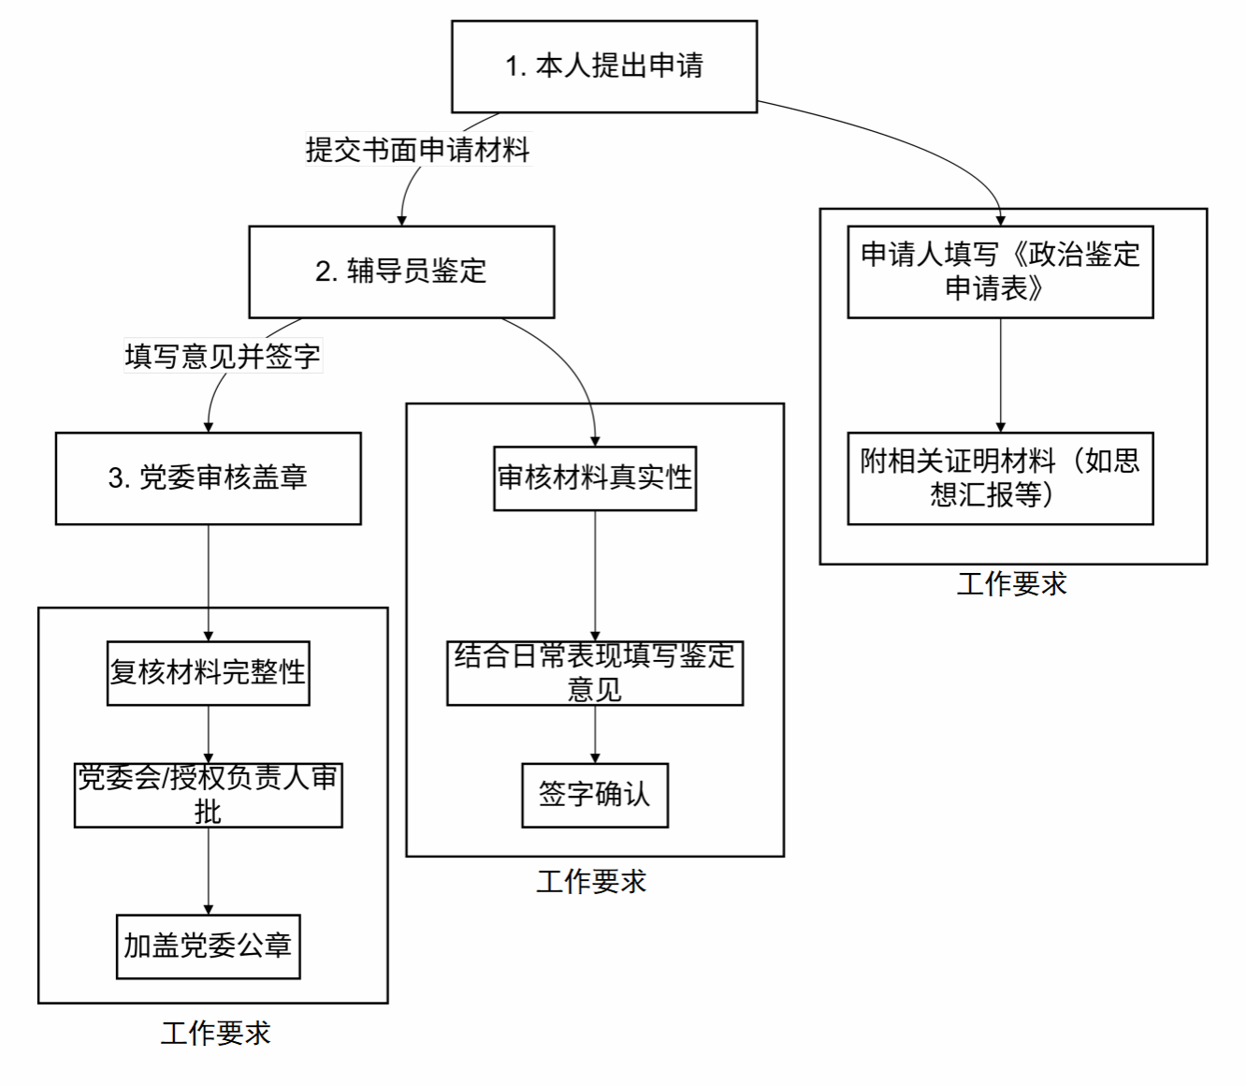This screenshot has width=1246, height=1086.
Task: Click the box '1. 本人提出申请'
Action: click(x=603, y=66)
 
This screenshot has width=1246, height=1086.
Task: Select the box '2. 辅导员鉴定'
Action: click(x=401, y=271)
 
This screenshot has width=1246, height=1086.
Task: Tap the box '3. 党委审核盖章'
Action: click(x=208, y=478)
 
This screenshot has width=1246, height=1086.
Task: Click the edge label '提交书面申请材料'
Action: click(x=417, y=150)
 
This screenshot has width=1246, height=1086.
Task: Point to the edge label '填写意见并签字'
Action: click(x=223, y=356)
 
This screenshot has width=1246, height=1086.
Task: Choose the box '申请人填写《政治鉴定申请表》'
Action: click(x=1000, y=271)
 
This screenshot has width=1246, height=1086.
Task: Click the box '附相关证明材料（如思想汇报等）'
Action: click(x=1000, y=478)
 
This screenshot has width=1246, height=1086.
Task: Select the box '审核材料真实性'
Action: click(x=595, y=478)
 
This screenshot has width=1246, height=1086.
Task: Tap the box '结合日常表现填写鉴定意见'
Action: click(x=595, y=673)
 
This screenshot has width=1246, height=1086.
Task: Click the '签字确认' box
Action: click(x=595, y=795)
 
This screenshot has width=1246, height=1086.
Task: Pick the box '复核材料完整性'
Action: click(x=208, y=673)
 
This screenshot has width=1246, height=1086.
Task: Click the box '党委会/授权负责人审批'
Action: click(x=208, y=795)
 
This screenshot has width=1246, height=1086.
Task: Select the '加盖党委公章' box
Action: click(x=208, y=947)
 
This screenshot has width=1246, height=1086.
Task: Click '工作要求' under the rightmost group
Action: click(x=1012, y=584)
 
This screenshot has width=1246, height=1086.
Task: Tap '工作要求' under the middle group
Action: click(x=591, y=882)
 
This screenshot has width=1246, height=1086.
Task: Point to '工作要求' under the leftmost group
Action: click(x=216, y=1034)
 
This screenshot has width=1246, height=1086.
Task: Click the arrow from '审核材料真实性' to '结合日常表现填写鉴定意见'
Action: click(x=595, y=575)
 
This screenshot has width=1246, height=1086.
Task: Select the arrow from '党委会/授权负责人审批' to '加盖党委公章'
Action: click(x=208, y=871)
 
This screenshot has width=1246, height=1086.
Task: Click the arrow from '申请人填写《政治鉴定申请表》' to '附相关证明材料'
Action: click(x=1000, y=374)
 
